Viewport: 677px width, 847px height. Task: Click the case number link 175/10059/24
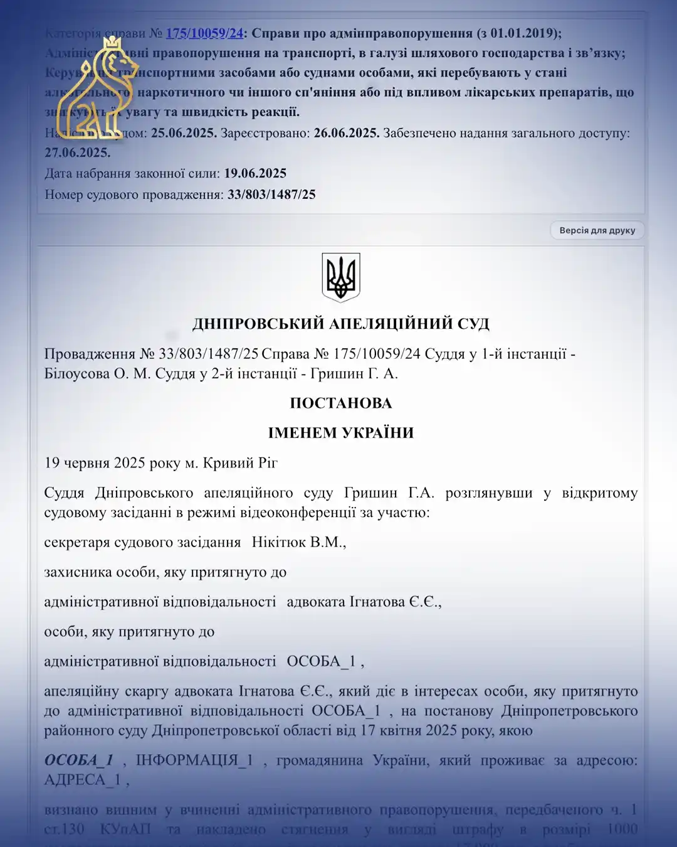pos(204,33)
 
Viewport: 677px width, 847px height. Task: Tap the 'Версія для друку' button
pos(597,230)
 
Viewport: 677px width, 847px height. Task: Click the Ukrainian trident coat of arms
pos(341,277)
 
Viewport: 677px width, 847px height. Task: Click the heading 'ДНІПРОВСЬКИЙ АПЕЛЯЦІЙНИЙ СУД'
pos(340,324)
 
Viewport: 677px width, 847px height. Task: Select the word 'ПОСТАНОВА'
pos(340,403)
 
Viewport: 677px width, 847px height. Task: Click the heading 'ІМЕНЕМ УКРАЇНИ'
pos(340,433)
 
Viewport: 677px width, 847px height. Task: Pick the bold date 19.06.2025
pos(255,173)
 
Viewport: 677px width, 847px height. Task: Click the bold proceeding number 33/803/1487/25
pos(271,194)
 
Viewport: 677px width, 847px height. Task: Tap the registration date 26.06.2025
pos(346,133)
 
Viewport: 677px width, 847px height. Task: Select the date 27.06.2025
pos(77,152)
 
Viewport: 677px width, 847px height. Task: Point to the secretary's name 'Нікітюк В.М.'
pos(298,542)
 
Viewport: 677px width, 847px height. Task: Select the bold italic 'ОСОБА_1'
pos(78,760)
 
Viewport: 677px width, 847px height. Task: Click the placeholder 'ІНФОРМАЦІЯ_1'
pos(194,760)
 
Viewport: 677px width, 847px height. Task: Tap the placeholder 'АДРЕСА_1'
pos(82,780)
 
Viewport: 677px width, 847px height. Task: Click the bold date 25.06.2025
pos(184,133)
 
